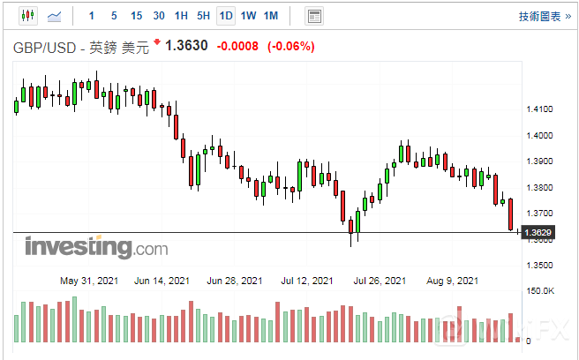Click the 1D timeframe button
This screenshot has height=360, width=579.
pyautogui.click(x=226, y=16)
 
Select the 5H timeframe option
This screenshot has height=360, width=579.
pyautogui.click(x=203, y=16)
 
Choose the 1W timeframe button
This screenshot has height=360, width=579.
pyautogui.click(x=248, y=16)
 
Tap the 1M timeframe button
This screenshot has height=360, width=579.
pyautogui.click(x=271, y=16)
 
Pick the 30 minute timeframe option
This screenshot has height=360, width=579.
pyautogui.click(x=158, y=16)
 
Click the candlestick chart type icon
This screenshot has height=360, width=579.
pyautogui.click(x=27, y=16)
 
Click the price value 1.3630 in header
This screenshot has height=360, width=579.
pyautogui.click(x=187, y=47)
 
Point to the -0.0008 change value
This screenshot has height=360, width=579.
pyautogui.click(x=237, y=47)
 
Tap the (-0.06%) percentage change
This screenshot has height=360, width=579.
pyautogui.click(x=290, y=47)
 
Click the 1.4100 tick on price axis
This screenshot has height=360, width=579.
pyautogui.click(x=538, y=109)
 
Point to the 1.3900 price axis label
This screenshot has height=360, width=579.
pyautogui.click(x=538, y=161)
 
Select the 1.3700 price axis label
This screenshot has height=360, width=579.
pyautogui.click(x=538, y=214)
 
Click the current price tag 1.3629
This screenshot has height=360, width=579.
pyautogui.click(x=538, y=233)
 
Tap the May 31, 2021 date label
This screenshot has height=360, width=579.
pyautogui.click(x=87, y=281)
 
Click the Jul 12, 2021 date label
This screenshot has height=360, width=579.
pyautogui.click(x=307, y=281)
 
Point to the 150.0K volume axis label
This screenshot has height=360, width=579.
pyautogui.click(x=540, y=291)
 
